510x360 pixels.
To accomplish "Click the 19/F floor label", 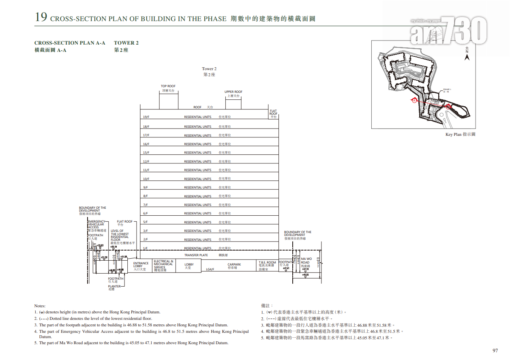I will pyautogui.click(x=146, y=117).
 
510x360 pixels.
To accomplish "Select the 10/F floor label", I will pyautogui.click(x=146, y=179).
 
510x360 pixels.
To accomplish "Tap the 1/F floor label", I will pyautogui.click(x=145, y=249).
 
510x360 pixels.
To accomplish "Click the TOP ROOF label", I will pyautogui.click(x=168, y=86).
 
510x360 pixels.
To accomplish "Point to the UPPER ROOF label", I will pyautogui.click(x=234, y=92).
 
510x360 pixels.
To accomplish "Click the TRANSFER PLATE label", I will pyautogui.click(x=196, y=255).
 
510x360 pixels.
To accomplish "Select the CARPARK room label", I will pyautogui.click(x=234, y=265).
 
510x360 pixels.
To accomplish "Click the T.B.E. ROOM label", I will pyautogui.click(x=267, y=263).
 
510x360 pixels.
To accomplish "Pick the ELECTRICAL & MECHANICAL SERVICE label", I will pyautogui.click(x=163, y=264).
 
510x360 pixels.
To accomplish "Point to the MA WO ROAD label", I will pyautogui.click(x=306, y=261).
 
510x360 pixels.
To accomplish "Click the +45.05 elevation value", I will pyautogui.click(x=305, y=275).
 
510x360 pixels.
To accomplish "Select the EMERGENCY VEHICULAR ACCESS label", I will pyautogui.click(x=96, y=224).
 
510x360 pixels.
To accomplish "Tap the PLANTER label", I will pyautogui.click(x=114, y=286).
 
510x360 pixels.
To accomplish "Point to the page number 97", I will pyautogui.click(x=495, y=351).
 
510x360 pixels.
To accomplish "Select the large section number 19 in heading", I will pyautogui.click(x=41, y=17).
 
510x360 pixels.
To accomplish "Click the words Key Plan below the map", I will pyautogui.click(x=453, y=135).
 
